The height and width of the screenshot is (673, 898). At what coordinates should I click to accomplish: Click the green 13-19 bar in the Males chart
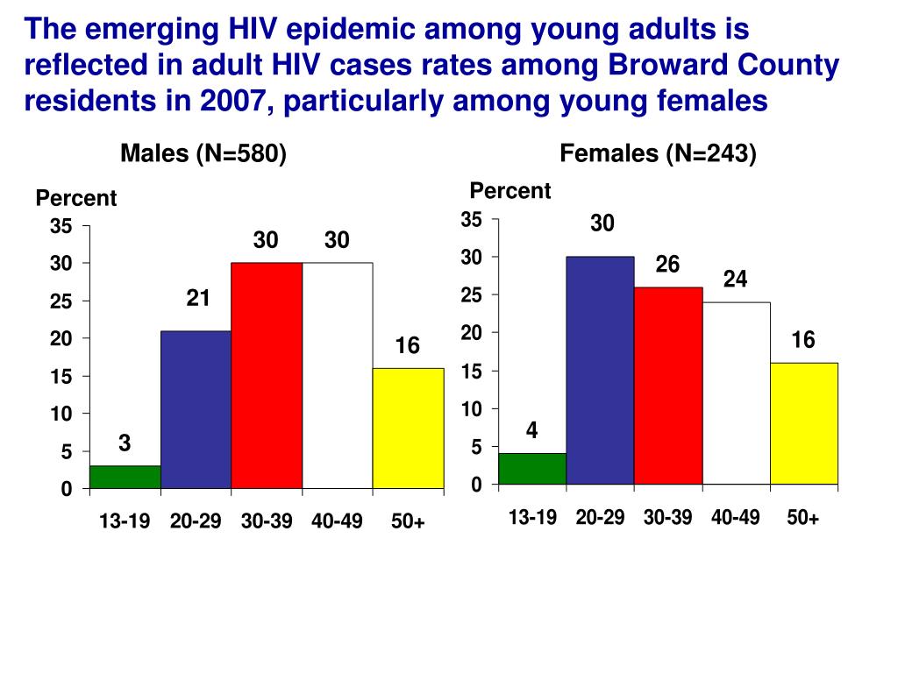point(125,477)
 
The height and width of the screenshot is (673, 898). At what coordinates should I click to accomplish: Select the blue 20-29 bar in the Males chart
point(196,409)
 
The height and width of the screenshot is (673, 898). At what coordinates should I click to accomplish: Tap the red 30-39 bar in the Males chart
point(267,375)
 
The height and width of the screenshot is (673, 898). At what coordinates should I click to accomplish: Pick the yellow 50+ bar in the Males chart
point(408,428)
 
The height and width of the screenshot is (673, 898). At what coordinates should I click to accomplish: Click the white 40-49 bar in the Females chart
point(737,393)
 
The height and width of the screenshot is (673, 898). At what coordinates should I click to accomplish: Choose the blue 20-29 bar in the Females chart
point(600,370)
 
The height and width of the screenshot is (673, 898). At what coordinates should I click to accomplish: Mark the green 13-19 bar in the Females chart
point(532,469)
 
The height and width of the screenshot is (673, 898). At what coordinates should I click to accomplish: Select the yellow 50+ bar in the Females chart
point(804,423)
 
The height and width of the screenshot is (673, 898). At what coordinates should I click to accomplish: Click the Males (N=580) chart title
point(203,154)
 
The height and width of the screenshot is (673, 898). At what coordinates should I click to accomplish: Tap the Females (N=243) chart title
point(658,154)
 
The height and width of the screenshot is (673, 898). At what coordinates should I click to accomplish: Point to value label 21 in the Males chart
point(198,299)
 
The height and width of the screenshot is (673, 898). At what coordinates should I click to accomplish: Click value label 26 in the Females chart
point(667,264)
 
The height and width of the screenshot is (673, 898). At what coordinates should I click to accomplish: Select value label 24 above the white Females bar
point(735,280)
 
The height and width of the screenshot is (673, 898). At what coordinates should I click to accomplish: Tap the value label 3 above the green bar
point(125,443)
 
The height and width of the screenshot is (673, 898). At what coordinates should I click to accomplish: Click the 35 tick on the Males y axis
point(61,226)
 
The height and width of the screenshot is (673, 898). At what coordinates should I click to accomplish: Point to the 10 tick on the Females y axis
point(473,409)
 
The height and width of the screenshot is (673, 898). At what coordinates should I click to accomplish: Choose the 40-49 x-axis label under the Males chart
point(337,522)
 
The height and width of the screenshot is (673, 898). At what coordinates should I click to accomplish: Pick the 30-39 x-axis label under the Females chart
point(667,518)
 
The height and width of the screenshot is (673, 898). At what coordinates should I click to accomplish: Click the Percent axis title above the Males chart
point(76,199)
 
